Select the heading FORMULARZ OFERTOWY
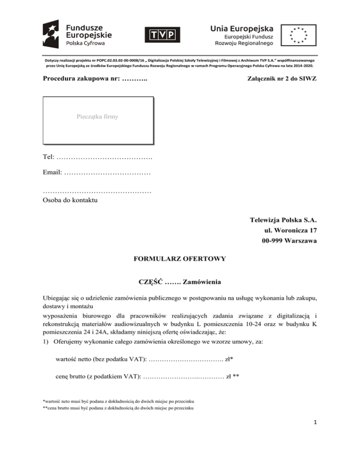180,258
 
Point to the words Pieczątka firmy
98,116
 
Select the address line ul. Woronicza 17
292,231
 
